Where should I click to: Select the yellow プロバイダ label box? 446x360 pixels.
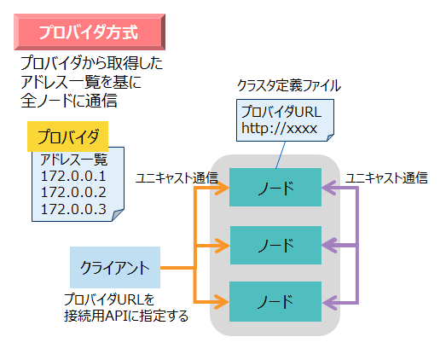[68, 137]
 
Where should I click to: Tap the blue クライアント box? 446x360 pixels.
[114, 268]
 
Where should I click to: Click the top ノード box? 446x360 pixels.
[275, 188]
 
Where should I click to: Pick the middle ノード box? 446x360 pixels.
[275, 246]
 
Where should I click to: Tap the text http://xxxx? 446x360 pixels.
[279, 129]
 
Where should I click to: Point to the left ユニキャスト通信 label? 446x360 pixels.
[177, 178]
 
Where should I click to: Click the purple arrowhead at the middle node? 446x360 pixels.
[328, 246]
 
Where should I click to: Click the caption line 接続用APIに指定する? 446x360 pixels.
[125, 316]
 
